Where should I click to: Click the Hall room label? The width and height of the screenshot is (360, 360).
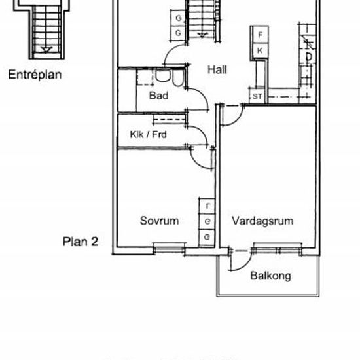[217, 69]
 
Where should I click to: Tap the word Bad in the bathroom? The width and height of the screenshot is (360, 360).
[158, 96]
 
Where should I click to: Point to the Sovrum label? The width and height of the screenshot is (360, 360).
[159, 221]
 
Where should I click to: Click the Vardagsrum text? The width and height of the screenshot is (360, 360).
[262, 221]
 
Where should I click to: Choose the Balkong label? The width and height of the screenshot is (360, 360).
[270, 276]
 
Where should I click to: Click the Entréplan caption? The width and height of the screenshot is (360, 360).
[35, 74]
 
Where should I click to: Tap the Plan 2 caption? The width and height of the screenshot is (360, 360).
[80, 241]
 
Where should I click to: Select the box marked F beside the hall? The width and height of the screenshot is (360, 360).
[260, 35]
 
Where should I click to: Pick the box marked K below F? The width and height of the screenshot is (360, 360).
[260, 50]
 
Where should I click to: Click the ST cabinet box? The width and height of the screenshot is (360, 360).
[258, 97]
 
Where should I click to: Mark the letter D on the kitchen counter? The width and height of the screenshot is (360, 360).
[308, 58]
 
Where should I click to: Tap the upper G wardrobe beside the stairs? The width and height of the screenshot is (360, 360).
[179, 18]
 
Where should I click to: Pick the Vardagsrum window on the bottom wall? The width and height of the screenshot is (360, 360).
[277, 247]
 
